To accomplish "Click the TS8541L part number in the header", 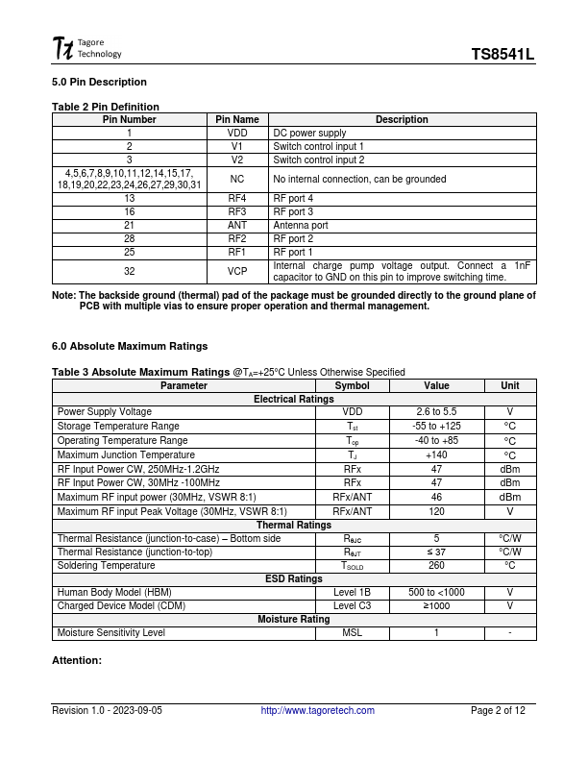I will point(502,56).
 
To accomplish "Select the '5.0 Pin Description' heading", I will point(99,82).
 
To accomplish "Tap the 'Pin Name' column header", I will point(237,119).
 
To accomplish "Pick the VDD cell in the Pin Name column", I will point(237,133).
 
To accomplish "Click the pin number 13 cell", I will point(129,198).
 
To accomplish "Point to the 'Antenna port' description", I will point(301,225).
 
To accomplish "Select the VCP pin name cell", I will point(237,271).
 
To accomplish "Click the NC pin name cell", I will point(237,179).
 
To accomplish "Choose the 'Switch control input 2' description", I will point(319,160).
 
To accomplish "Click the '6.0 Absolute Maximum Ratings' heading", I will point(129,346).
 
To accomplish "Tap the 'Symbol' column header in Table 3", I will point(352,385).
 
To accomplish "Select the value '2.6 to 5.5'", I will point(436,411).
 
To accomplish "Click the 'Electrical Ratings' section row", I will point(293,399).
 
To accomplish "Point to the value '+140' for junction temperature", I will point(436,454).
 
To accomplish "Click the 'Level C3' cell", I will point(352,605).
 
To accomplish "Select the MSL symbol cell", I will point(352,633).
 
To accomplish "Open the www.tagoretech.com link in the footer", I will point(318,711).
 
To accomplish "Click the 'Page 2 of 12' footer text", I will point(498,711).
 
